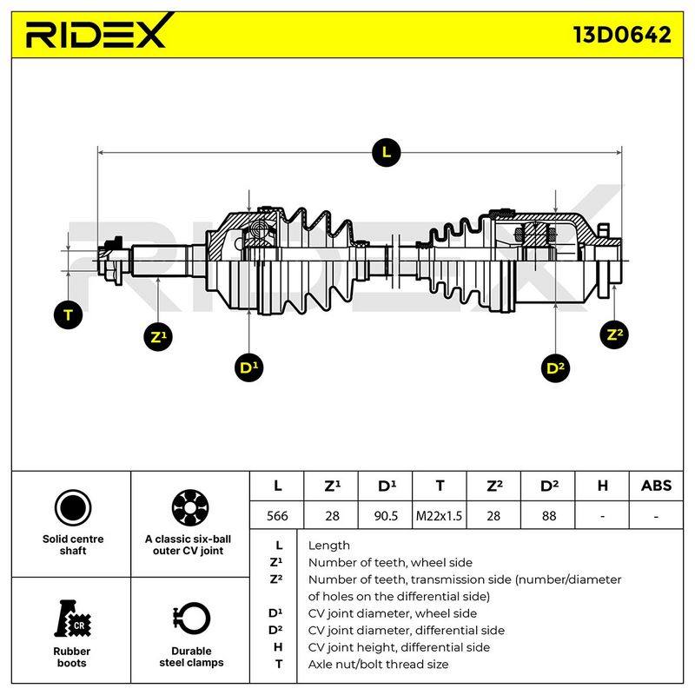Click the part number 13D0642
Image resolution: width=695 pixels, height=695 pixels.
[622, 35]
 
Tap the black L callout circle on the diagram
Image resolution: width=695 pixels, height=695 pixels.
[387, 153]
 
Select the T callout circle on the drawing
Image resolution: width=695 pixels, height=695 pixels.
[69, 315]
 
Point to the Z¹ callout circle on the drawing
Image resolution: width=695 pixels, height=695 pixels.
[158, 337]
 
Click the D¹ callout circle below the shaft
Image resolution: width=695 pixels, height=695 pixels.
[249, 367]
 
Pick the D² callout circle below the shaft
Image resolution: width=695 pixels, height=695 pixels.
[555, 367]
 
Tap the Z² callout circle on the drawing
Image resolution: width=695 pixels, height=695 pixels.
[614, 334]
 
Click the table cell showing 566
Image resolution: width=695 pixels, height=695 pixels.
[277, 515]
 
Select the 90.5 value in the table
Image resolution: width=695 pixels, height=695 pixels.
[386, 515]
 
